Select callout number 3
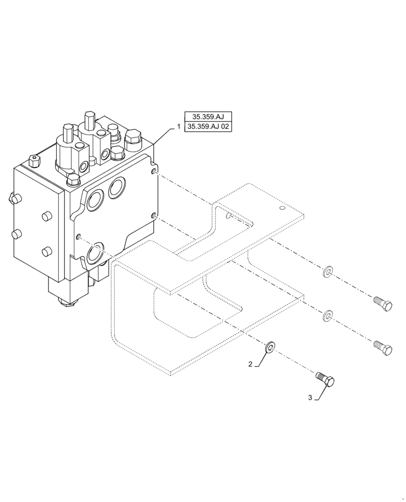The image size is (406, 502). (x=311, y=397)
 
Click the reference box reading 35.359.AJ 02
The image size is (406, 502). (x=208, y=128)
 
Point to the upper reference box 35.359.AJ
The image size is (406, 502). (x=208, y=117)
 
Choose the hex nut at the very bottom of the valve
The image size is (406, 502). (x=66, y=301)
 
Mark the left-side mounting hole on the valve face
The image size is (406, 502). (x=79, y=236)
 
